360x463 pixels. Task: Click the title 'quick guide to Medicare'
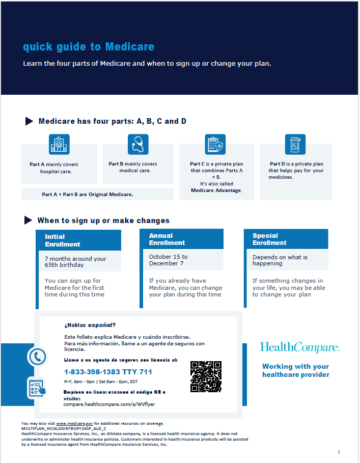89,47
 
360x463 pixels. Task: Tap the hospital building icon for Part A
59,145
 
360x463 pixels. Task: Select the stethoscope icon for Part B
138,145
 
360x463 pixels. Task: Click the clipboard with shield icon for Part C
215,145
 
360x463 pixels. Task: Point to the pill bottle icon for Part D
295,145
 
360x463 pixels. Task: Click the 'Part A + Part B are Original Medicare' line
88,194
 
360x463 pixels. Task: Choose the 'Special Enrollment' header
269,239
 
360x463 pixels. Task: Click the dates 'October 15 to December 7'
169,260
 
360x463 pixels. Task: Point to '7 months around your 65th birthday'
76,262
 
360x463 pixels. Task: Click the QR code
206,376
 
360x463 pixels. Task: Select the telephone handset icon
37,357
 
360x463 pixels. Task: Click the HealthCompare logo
299,348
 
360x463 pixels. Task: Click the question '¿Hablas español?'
90,324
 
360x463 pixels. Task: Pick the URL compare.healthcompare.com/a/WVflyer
109,404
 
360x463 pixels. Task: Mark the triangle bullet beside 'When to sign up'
29,220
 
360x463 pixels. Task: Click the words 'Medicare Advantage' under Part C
216,190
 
